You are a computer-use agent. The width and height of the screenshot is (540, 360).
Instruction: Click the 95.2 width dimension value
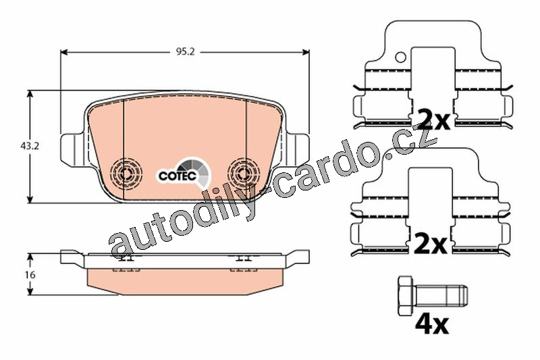coord(185,52)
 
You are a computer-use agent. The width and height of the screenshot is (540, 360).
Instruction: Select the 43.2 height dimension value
coord(30,146)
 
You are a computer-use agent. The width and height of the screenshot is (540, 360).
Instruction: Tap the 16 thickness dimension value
coord(30,275)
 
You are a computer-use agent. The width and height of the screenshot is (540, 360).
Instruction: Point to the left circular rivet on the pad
coord(126,171)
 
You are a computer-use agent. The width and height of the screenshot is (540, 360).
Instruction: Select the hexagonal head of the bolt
coord(405,296)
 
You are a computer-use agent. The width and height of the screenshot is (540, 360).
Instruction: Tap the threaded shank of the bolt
coord(440,296)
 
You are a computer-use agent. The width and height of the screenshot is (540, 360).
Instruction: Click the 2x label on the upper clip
coord(433,120)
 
